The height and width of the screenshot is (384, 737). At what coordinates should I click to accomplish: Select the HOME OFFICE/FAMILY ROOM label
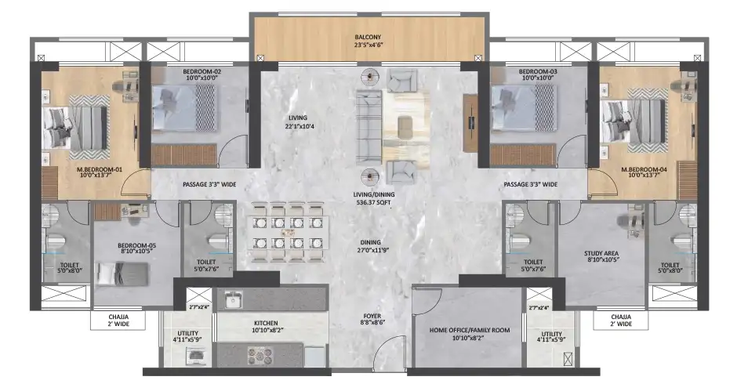pos(469,335)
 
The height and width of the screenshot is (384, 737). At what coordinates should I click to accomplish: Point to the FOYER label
pos(372,321)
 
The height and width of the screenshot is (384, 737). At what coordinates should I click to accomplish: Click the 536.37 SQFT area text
pos(372,202)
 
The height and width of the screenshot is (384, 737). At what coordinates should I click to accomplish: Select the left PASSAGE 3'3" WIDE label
pos(211,184)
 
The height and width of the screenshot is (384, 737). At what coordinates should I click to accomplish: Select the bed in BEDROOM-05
pos(122,274)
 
